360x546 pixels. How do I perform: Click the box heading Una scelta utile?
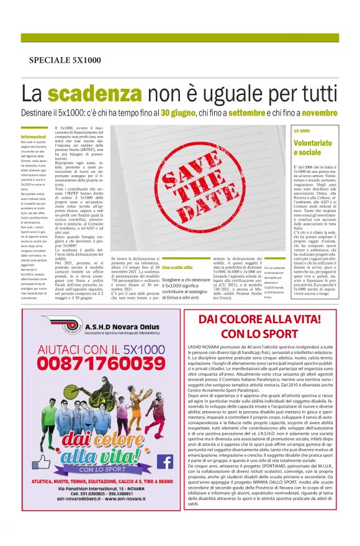[174, 267]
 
